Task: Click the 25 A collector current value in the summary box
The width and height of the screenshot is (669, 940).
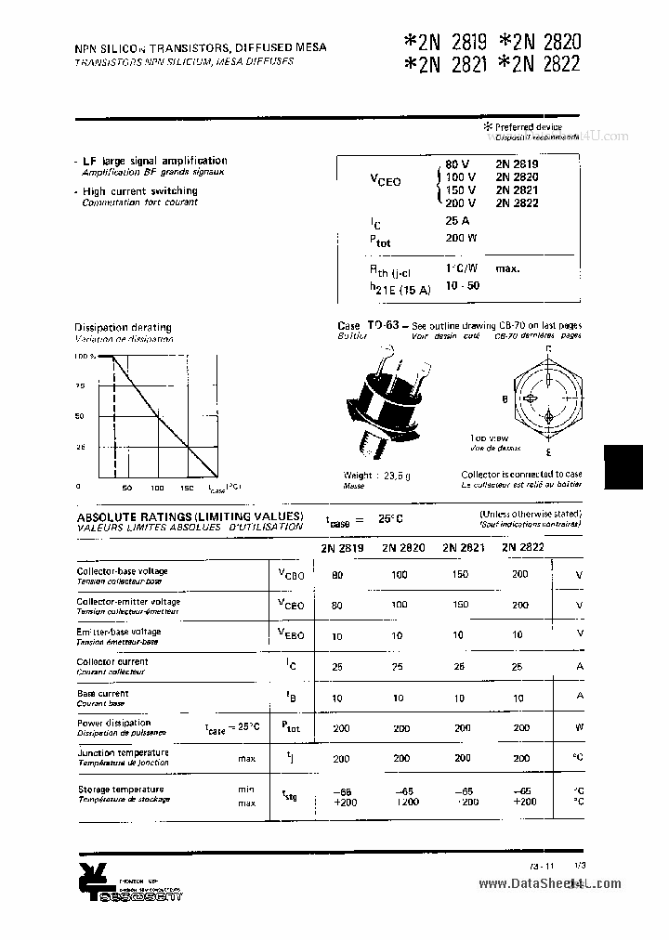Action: click(x=457, y=221)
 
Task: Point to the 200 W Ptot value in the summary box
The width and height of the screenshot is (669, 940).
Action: click(x=461, y=239)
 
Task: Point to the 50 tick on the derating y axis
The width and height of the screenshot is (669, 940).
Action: click(x=79, y=416)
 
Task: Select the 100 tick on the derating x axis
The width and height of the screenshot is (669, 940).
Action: click(x=157, y=488)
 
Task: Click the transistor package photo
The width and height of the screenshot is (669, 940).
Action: click(x=390, y=400)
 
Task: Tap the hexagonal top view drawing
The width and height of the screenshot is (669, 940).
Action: click(x=548, y=400)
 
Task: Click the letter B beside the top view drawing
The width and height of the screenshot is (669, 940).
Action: click(x=504, y=399)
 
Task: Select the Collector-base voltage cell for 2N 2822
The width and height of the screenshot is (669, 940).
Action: click(x=520, y=575)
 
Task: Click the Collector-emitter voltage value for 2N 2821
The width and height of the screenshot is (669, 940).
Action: click(x=459, y=605)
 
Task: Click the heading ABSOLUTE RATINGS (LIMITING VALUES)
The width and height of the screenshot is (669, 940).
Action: click(x=190, y=516)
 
